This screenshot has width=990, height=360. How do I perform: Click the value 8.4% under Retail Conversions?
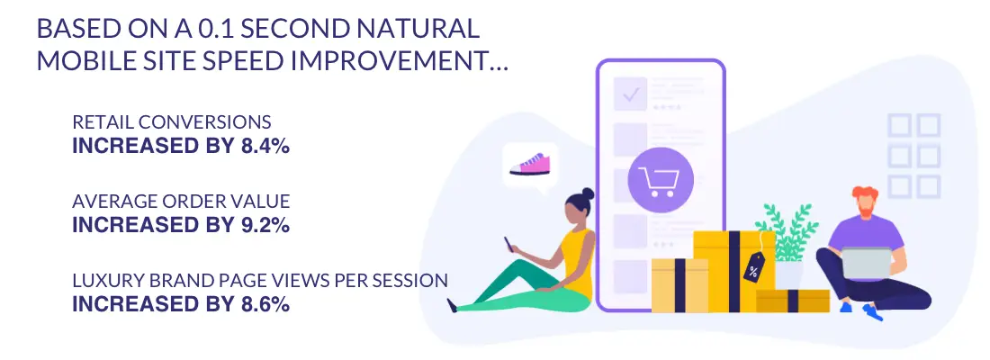click(x=265, y=146)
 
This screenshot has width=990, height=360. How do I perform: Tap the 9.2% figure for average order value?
click(x=265, y=225)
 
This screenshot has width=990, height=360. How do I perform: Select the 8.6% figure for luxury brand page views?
click(x=265, y=304)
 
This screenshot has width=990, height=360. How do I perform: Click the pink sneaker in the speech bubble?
click(x=530, y=164)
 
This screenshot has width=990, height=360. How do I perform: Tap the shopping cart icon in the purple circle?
click(x=659, y=180)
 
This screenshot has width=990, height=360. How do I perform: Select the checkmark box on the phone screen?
click(x=631, y=94)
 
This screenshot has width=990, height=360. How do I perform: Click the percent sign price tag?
click(x=753, y=266)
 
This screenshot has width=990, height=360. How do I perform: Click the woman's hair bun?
click(x=588, y=193)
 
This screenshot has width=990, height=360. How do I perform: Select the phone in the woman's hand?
click(x=508, y=243)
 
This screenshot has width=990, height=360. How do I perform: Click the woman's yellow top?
click(x=577, y=262)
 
